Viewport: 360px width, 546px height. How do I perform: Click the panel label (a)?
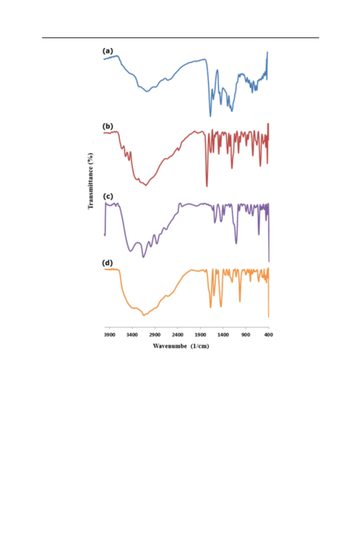[x=108, y=51]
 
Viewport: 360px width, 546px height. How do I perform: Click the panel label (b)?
[x=108, y=126]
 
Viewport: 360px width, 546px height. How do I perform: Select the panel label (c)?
[x=108, y=196]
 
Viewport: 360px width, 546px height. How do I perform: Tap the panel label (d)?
[x=107, y=263]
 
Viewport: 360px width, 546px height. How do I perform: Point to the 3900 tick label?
[x=110, y=334]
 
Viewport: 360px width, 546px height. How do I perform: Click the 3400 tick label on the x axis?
[x=132, y=334]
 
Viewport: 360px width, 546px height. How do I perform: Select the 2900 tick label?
[x=154, y=334]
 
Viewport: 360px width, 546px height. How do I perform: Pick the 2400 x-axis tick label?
[x=177, y=334]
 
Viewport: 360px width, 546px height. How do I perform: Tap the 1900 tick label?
[x=201, y=334]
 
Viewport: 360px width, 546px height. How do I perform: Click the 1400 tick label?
[x=223, y=334]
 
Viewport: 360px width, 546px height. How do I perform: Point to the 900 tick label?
[x=246, y=334]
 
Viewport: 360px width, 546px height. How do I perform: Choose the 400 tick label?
[x=268, y=334]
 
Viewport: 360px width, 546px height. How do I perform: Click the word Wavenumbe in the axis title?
[x=170, y=346]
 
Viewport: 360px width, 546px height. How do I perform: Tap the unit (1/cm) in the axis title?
[x=200, y=346]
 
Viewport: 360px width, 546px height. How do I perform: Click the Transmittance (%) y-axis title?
[x=90, y=181]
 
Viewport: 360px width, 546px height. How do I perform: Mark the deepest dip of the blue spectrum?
[x=210, y=116]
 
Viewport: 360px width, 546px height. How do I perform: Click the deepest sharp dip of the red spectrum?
[x=207, y=186]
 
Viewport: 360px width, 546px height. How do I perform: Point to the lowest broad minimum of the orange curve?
[x=143, y=315]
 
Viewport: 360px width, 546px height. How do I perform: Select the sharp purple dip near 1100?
[x=236, y=243]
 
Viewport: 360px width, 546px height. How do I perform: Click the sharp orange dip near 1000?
[x=240, y=301]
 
